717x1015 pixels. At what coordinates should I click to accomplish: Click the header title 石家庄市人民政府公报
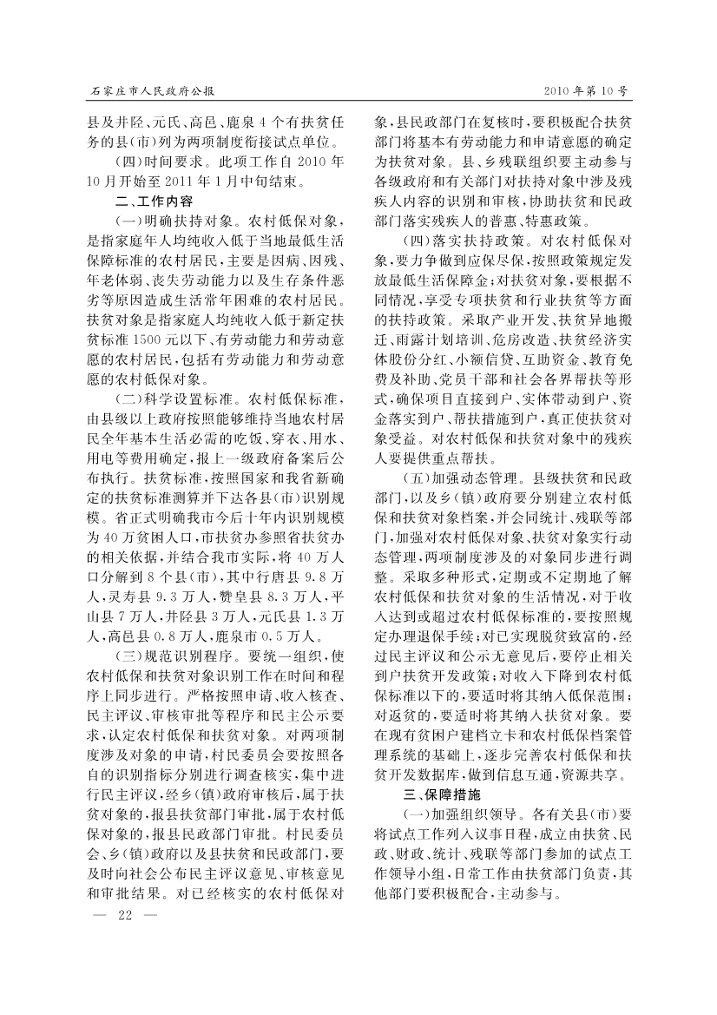click(152, 90)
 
